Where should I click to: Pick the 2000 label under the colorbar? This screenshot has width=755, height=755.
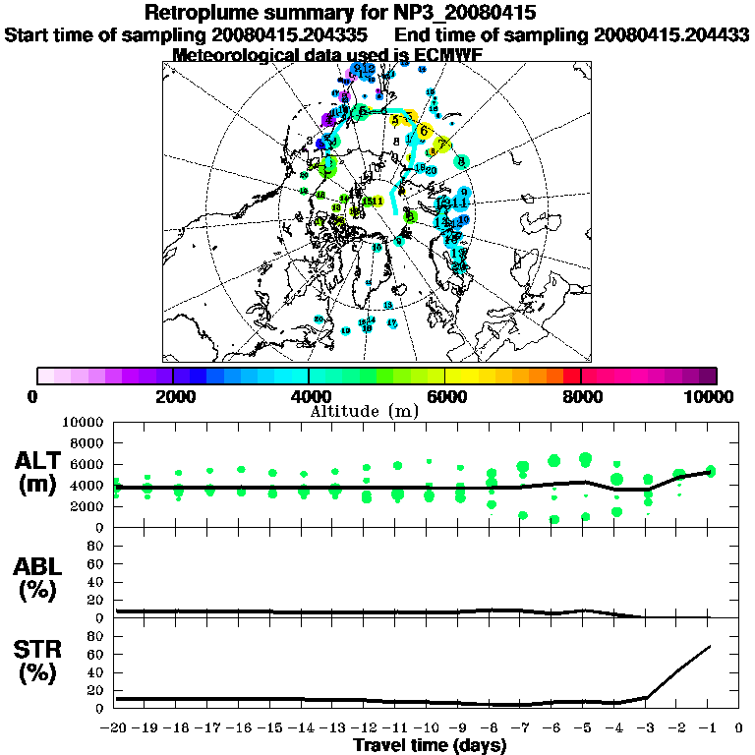[173, 397]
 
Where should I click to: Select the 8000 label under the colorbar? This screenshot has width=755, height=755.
[581, 397]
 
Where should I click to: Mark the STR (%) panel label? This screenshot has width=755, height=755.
[39, 660]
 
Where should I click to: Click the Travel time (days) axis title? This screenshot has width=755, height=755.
[430, 746]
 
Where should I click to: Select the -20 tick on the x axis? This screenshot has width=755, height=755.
[115, 729]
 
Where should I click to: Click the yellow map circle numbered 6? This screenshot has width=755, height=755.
[424, 130]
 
